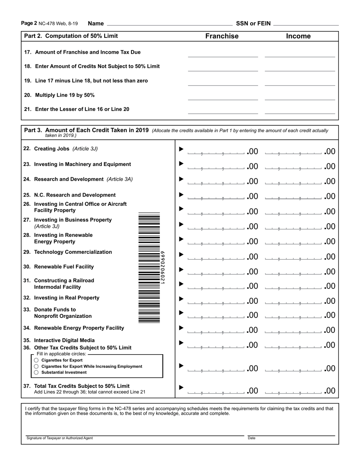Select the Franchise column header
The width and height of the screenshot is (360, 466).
[x=222, y=36]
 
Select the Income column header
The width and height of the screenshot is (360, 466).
[x=298, y=36]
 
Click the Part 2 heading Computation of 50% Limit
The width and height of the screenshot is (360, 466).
[x=71, y=36]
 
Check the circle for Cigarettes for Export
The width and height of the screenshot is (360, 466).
[x=36, y=360]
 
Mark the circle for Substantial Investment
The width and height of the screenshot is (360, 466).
[x=36, y=372]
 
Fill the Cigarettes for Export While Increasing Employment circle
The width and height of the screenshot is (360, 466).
[x=36, y=366]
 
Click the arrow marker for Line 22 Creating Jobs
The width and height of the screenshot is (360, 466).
[x=181, y=149]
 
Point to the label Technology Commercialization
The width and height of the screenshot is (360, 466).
[x=73, y=252]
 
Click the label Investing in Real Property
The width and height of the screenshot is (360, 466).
[x=67, y=298]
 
